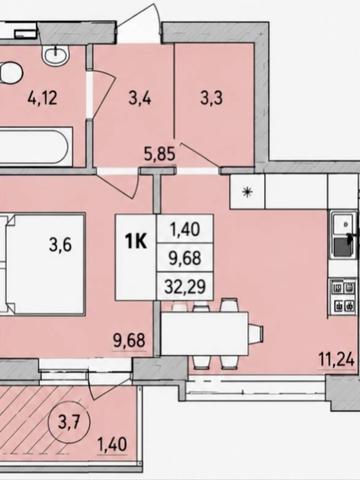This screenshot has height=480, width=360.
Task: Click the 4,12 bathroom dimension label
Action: pyautogui.click(x=42, y=98)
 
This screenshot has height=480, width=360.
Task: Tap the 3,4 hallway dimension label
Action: pyautogui.click(x=140, y=98)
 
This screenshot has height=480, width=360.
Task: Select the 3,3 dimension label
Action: pyautogui.click(x=212, y=98)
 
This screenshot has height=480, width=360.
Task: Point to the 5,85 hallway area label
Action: pyautogui.click(x=159, y=154)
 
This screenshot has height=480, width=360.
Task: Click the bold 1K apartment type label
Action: pyautogui.click(x=136, y=241)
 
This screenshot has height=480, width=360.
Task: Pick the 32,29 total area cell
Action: pyautogui.click(x=185, y=286)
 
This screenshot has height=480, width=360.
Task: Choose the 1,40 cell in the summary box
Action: pyautogui.click(x=185, y=229)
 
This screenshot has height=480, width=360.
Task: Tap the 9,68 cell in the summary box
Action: pyautogui.click(x=185, y=258)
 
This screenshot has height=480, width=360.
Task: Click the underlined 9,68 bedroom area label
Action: pyautogui.click(x=129, y=341)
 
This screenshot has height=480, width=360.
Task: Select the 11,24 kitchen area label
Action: pyautogui.click(x=337, y=360)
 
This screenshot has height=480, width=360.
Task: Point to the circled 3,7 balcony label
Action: pyautogui.click(x=69, y=423)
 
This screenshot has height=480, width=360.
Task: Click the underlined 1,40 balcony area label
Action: pyautogui.click(x=112, y=445)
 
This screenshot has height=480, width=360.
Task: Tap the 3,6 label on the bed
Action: pyautogui.click(x=60, y=245)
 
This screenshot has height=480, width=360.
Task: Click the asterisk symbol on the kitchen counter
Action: pyautogui.click(x=247, y=192)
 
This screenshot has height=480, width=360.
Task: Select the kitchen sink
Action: pyautogui.click(x=343, y=235)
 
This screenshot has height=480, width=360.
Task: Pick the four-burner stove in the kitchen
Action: pyautogui.click(x=343, y=296)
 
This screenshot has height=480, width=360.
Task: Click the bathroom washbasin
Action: pyautogui.click(x=56, y=54)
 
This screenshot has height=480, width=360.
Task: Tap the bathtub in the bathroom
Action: pyautogui.click(x=35, y=146)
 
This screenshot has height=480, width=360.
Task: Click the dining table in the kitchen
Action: pyautogui.click(x=204, y=333)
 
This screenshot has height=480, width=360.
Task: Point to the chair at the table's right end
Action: pyautogui.click(x=256, y=334)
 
